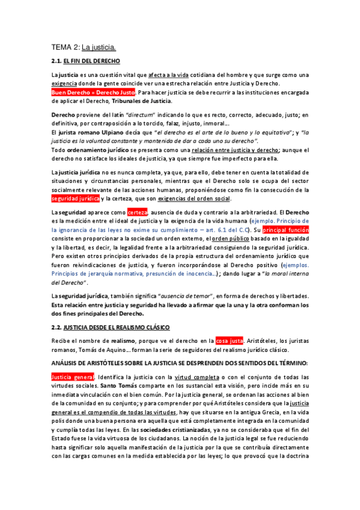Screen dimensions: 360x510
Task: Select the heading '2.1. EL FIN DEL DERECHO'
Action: [85, 61]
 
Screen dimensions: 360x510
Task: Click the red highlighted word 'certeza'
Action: [137, 212]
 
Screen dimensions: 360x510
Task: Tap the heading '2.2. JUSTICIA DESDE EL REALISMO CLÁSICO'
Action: [110, 327]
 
